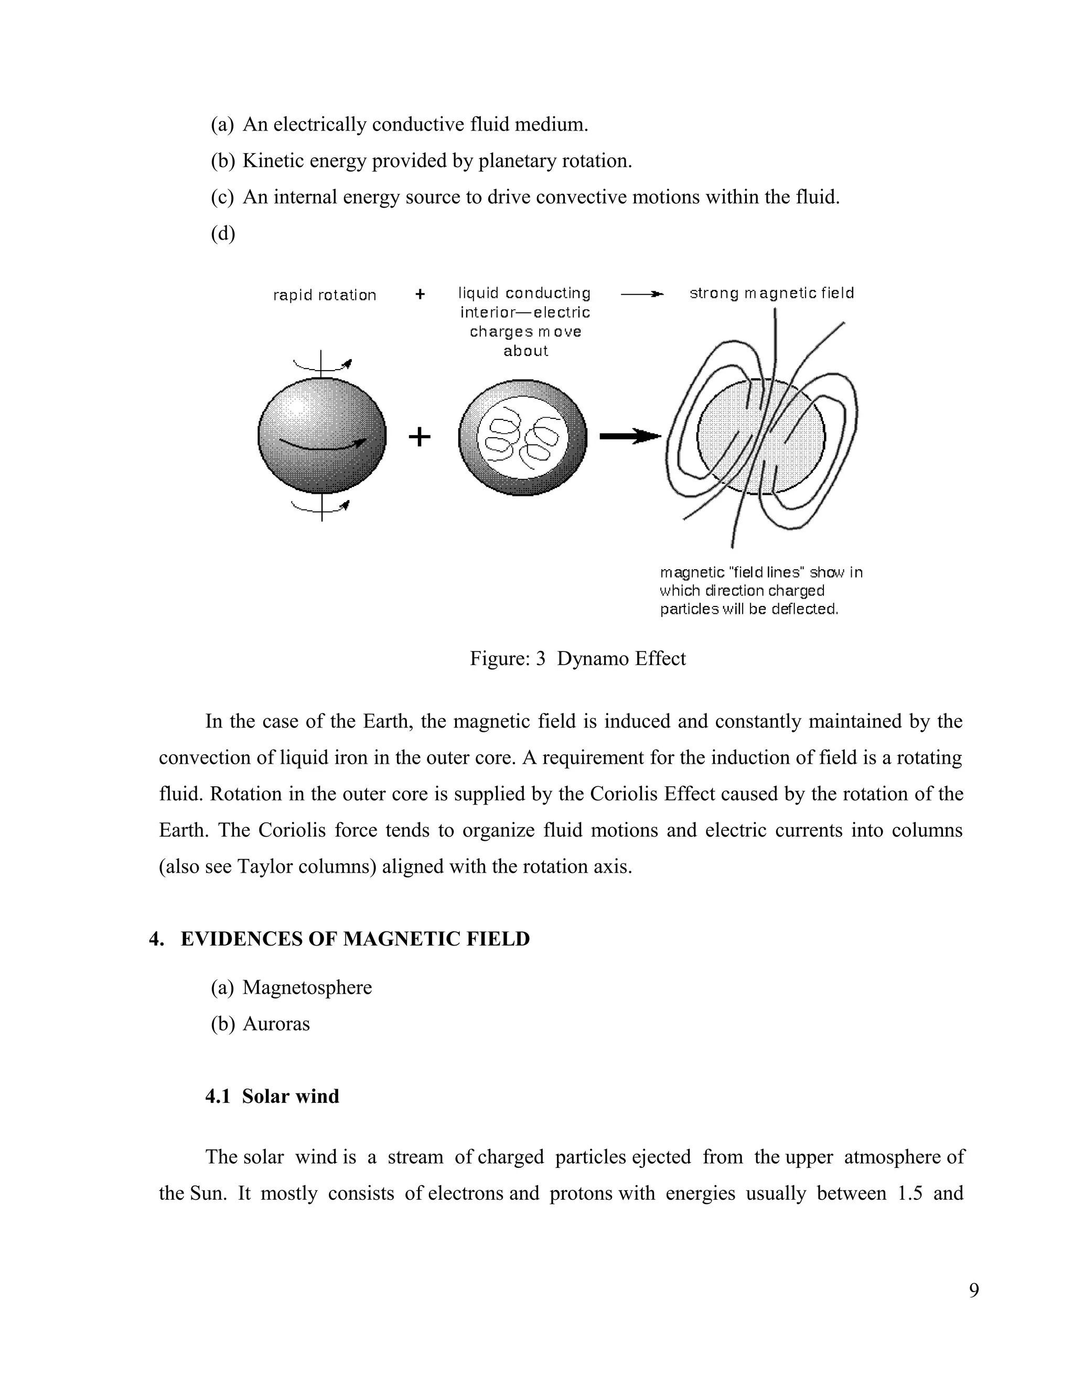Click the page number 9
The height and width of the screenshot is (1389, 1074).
973,1290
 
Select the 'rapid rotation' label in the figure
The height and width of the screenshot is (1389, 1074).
325,295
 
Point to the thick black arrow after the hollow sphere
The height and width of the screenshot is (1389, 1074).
630,436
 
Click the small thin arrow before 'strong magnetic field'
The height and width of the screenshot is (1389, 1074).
641,294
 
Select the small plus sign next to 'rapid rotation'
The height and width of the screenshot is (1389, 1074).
420,295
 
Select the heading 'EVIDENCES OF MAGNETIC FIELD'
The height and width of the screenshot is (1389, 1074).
355,939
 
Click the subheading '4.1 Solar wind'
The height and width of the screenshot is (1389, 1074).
272,1096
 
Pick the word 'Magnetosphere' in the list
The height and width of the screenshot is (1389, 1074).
307,987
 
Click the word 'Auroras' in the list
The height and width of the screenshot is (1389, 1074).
276,1023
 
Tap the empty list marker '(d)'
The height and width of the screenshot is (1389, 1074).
223,233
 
